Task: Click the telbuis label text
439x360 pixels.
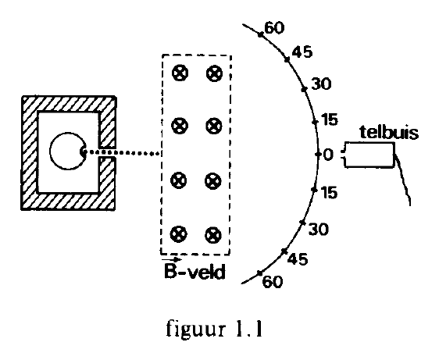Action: [x=389, y=132]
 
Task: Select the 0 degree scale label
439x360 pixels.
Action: [x=328, y=155]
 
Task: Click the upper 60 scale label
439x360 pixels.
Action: [x=274, y=27]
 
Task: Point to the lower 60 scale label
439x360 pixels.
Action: [x=273, y=282]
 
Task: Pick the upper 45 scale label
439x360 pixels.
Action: [x=302, y=52]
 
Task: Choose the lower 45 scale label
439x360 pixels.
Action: [x=298, y=259]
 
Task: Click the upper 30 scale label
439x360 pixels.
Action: [x=321, y=84]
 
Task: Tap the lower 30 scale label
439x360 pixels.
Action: [x=319, y=229]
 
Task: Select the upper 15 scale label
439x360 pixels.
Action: [x=330, y=119]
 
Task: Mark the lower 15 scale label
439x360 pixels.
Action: [x=329, y=193]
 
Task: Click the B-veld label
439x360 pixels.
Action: [x=195, y=271]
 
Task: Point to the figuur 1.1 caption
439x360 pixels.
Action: [x=215, y=330]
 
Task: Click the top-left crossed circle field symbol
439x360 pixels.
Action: [x=180, y=73]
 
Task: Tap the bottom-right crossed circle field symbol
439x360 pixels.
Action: [x=213, y=235]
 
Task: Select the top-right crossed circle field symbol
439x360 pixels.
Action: [x=215, y=73]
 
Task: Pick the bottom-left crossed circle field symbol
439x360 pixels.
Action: [x=179, y=234]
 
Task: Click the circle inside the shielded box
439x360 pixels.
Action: [x=51, y=151]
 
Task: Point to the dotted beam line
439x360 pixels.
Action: [x=123, y=153]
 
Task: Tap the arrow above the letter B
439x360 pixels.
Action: [x=172, y=260]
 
